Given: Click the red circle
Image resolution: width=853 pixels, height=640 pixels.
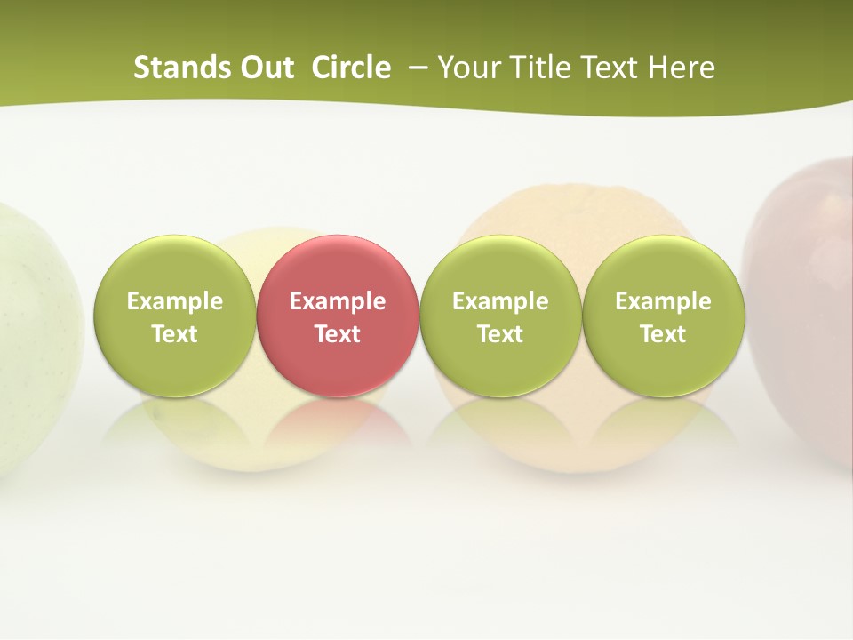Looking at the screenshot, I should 338,315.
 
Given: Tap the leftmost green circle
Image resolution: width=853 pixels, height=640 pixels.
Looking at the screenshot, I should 174,315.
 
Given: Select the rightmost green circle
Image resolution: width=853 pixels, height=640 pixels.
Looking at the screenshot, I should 663,315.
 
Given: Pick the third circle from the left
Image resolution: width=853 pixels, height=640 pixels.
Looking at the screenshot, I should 500,315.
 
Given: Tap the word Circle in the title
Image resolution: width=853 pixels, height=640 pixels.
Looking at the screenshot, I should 351,68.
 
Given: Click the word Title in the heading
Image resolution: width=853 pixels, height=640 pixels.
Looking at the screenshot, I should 541,68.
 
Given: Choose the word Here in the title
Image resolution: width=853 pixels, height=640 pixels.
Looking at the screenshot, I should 682,68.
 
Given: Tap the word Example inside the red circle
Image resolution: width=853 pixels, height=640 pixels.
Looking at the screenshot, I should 338,301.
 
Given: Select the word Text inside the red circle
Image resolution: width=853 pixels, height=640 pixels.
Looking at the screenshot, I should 338,334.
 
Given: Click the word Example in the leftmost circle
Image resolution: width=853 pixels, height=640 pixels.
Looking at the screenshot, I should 174,301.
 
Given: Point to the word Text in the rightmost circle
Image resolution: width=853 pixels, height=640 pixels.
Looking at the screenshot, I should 663,334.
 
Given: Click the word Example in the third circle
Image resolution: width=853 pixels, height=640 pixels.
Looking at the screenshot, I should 500,301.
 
